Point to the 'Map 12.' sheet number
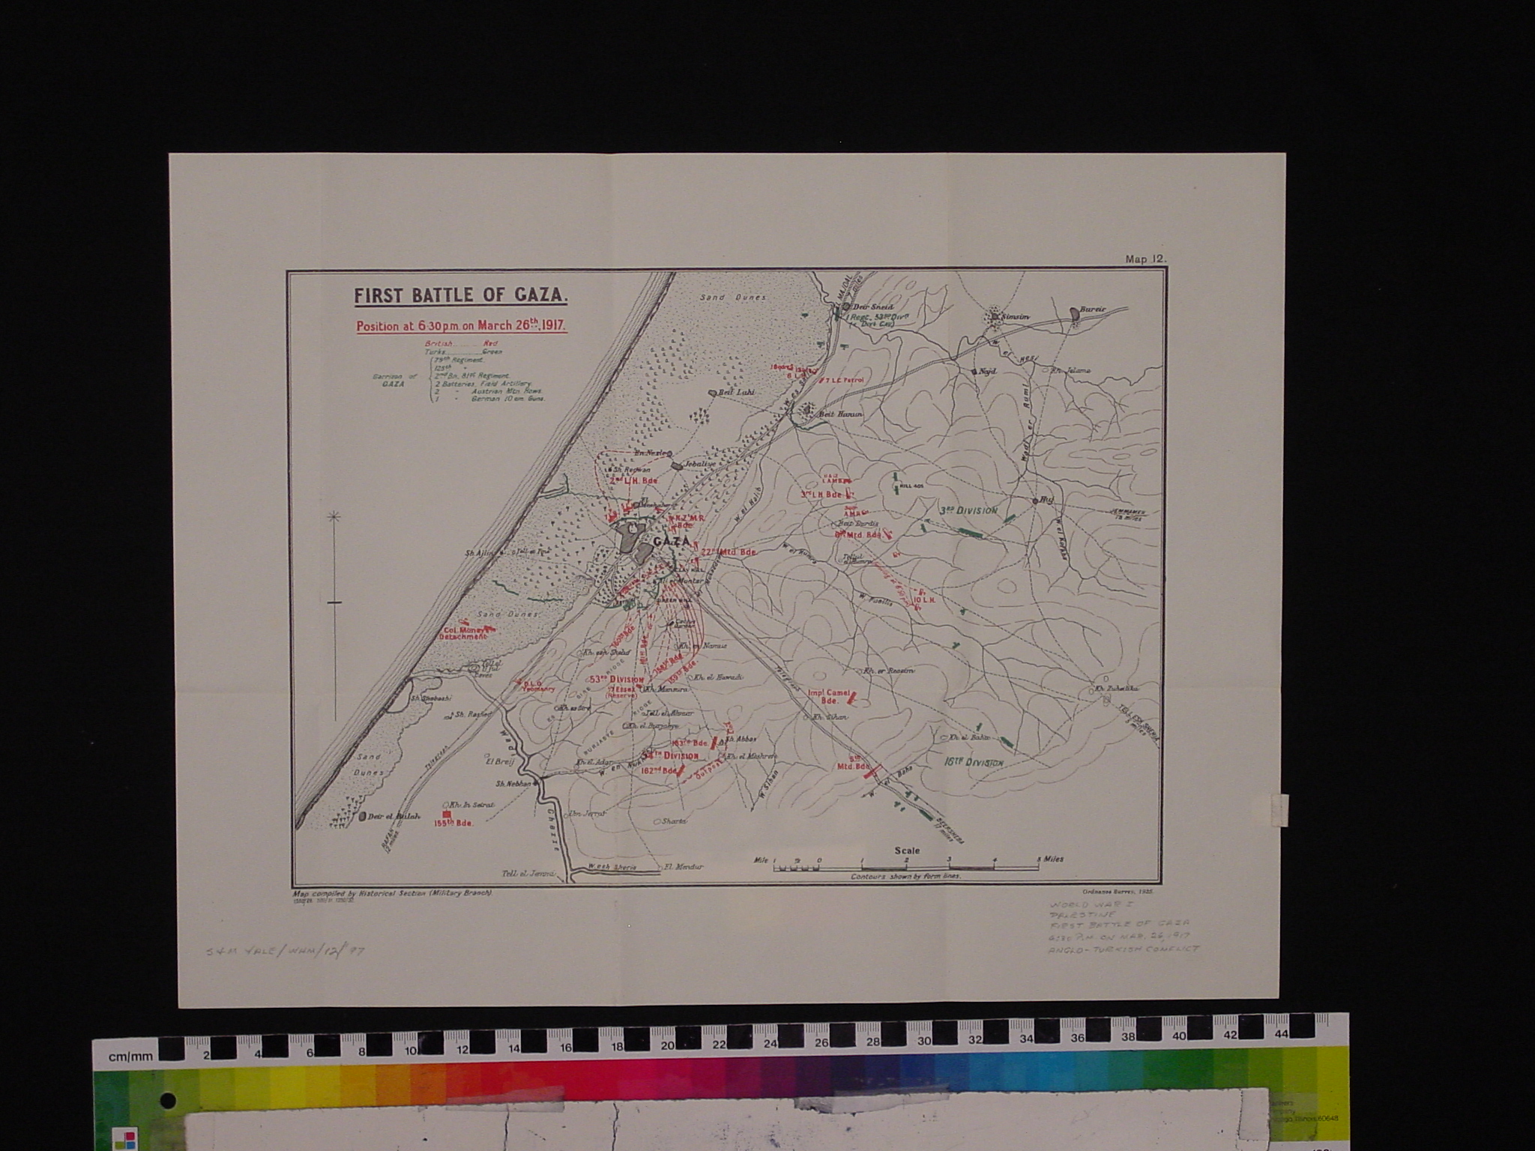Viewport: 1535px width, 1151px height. (1145, 259)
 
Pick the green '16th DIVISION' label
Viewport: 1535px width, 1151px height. (973, 762)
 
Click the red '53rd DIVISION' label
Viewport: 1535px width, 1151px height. (617, 679)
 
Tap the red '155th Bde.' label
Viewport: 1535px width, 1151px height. (453, 823)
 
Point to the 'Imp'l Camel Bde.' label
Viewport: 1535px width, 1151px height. (827, 697)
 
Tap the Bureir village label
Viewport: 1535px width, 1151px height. (1091, 308)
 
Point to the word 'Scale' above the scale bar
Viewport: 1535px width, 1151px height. (906, 851)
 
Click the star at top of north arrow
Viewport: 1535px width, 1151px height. (335, 516)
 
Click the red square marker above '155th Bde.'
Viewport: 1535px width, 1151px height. (448, 814)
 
